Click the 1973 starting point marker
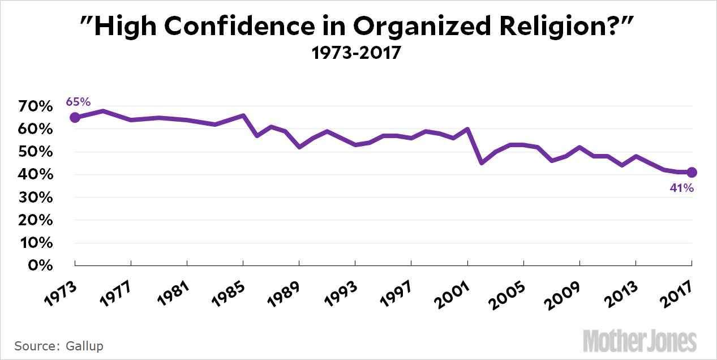[75, 118]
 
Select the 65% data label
[78, 102]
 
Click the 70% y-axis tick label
[38, 107]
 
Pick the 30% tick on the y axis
[38, 198]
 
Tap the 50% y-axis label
[38, 152]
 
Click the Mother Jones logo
[640, 341]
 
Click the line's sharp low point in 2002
[482, 162]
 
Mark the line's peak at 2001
[467, 129]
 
